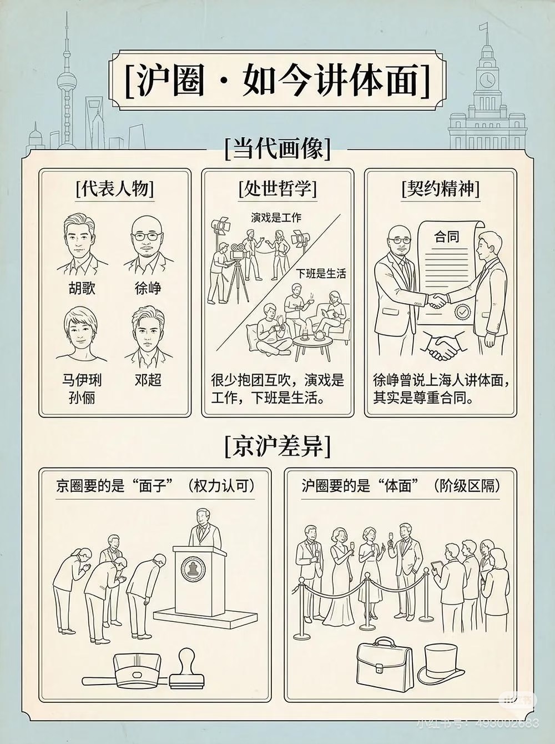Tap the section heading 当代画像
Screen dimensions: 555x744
click(277, 149)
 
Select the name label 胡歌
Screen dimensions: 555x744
click(82, 289)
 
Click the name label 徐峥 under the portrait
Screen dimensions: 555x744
click(148, 289)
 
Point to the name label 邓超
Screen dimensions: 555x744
click(148, 380)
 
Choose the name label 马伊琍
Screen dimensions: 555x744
click(82, 380)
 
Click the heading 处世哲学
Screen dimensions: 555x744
click(277, 189)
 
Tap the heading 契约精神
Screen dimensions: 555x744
click(440, 189)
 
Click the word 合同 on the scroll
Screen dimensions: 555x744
click(447, 237)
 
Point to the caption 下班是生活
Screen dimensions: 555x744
click(320, 273)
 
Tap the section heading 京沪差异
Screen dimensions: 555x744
click(277, 446)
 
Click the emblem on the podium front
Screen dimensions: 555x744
click(193, 568)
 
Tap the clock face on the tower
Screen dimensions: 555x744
click(487, 79)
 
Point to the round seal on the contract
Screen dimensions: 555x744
click(462, 312)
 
